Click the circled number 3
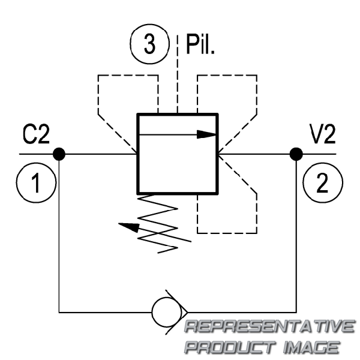click(149, 44)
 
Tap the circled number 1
click(36, 183)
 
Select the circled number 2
click(323, 183)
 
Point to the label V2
click(323, 134)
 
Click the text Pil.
click(200, 44)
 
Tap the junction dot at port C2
click(59, 154)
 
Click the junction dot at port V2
click(296, 154)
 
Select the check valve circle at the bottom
click(167, 312)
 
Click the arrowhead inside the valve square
click(206, 134)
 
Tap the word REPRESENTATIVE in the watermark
click(269, 326)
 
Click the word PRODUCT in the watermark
click(230, 347)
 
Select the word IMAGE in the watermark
click(311, 347)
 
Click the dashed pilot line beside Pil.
click(177, 74)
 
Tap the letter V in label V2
click(316, 134)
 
